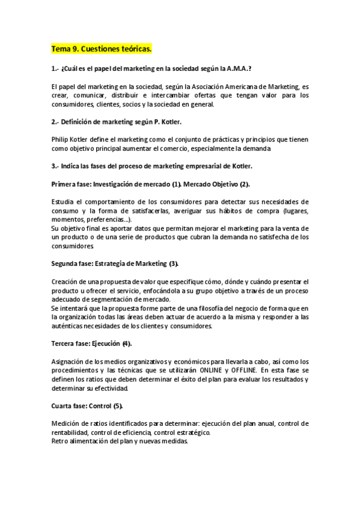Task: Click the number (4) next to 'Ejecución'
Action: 126,343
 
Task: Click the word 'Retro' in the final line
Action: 61,441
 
